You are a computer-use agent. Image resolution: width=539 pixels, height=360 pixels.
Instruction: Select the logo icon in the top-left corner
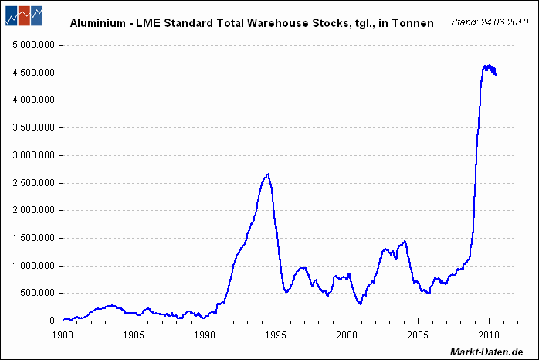click(x=24, y=15)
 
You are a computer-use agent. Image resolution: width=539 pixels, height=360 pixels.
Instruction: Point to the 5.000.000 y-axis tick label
click(x=34, y=45)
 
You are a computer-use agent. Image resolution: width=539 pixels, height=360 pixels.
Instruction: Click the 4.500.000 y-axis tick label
click(x=34, y=73)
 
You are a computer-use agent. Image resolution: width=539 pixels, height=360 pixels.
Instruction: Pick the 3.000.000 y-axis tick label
click(x=34, y=155)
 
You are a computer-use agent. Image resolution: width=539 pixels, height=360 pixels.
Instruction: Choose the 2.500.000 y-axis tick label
click(x=34, y=183)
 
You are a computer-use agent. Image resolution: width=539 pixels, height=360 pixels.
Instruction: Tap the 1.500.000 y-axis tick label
click(x=34, y=238)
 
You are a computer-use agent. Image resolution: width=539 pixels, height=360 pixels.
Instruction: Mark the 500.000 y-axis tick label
click(x=38, y=293)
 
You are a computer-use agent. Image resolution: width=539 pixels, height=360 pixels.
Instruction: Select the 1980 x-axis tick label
click(x=63, y=335)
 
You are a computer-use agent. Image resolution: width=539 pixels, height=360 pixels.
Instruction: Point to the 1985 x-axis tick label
click(x=134, y=335)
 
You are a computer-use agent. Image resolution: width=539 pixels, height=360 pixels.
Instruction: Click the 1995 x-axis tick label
click(x=276, y=335)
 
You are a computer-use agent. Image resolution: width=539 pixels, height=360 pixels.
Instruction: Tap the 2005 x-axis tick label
click(x=418, y=335)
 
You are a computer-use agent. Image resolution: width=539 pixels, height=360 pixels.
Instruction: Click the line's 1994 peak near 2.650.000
click(x=267, y=175)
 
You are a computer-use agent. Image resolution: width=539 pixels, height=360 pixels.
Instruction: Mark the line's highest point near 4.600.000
click(x=488, y=66)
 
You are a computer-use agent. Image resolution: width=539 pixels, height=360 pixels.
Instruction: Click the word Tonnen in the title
click(x=414, y=24)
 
